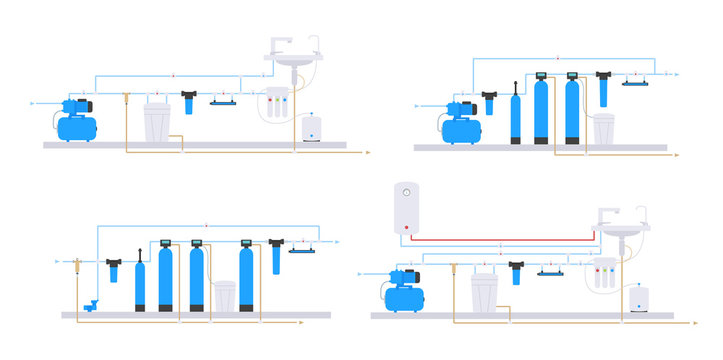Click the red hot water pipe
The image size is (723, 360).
[500, 240]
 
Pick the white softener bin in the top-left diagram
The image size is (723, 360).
[158, 122]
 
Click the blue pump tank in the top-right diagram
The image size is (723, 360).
[459, 128]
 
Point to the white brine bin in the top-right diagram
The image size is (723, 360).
[603, 129]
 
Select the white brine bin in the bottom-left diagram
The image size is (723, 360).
[224, 296]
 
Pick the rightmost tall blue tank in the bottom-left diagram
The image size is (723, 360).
[246, 283]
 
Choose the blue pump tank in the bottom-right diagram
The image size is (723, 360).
[402, 297]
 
